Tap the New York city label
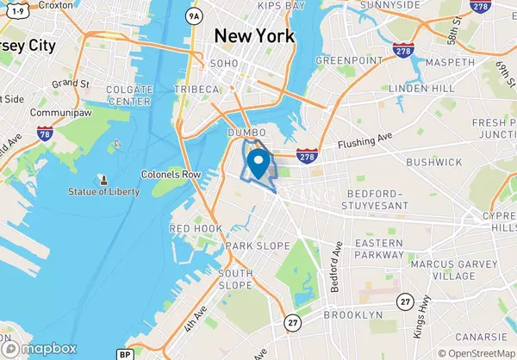(253, 36)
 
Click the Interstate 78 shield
(45, 135)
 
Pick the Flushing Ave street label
(364, 144)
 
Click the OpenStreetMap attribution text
(476, 352)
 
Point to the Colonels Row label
(171, 174)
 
